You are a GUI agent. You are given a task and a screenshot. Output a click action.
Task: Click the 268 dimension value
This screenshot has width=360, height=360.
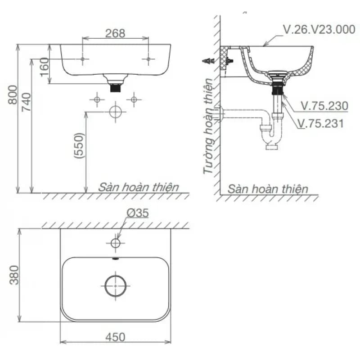tap(115, 33)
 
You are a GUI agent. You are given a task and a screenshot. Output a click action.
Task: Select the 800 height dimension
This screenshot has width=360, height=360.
tap(13, 95)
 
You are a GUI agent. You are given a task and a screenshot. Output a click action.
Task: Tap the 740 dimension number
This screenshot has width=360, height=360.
tap(26, 102)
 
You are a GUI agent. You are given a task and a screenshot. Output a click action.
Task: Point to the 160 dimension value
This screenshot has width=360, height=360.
tap(44, 67)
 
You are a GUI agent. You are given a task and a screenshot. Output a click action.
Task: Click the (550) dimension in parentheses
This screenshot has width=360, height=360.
tap(79, 145)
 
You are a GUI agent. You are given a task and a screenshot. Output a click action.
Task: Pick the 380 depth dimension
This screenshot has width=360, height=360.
tap(14, 275)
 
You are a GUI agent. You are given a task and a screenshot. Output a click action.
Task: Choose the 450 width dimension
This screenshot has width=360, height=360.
tap(115, 337)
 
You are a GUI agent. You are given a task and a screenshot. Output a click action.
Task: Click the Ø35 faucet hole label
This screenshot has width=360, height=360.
tap(138, 213)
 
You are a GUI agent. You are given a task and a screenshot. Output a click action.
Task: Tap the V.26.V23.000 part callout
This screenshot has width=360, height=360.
tap(319, 29)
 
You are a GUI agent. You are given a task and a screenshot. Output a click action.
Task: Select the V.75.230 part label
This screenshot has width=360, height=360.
tap(324, 106)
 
